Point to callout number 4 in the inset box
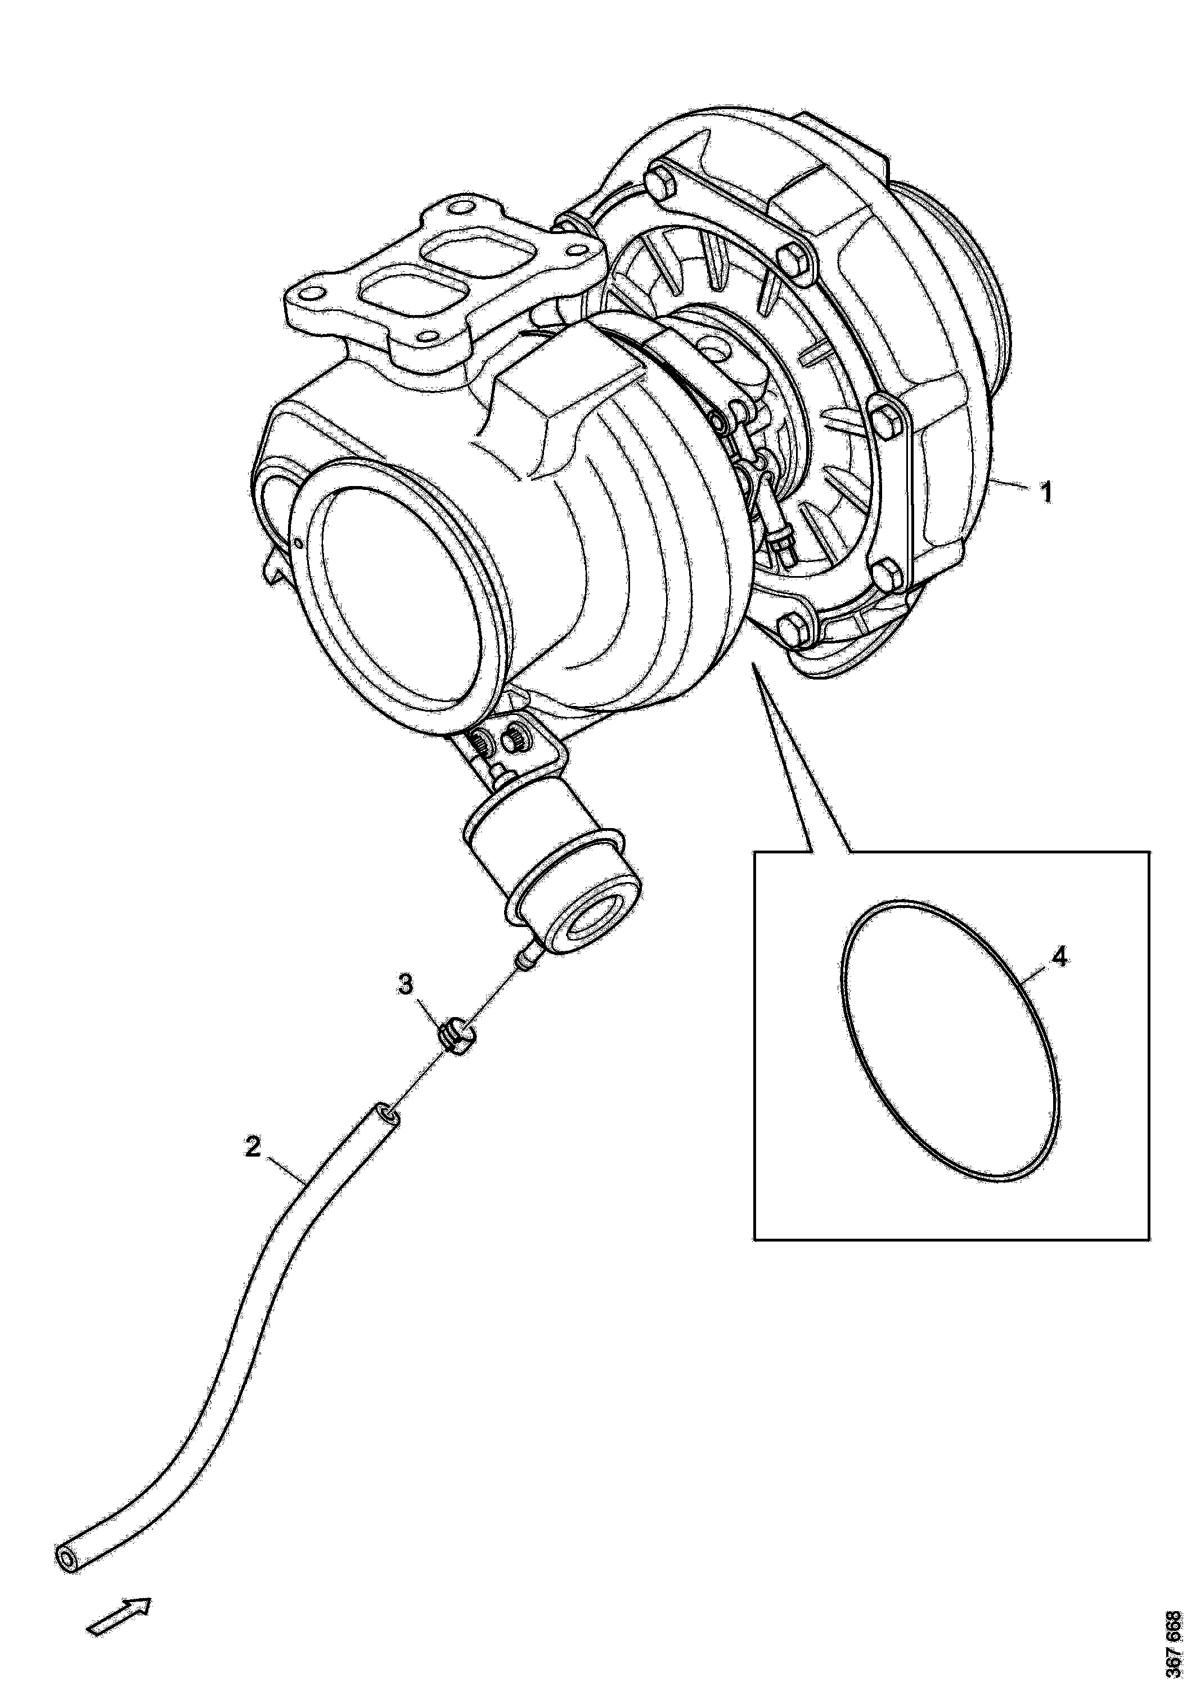pos(1058,957)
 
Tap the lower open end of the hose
pos(68,1555)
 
